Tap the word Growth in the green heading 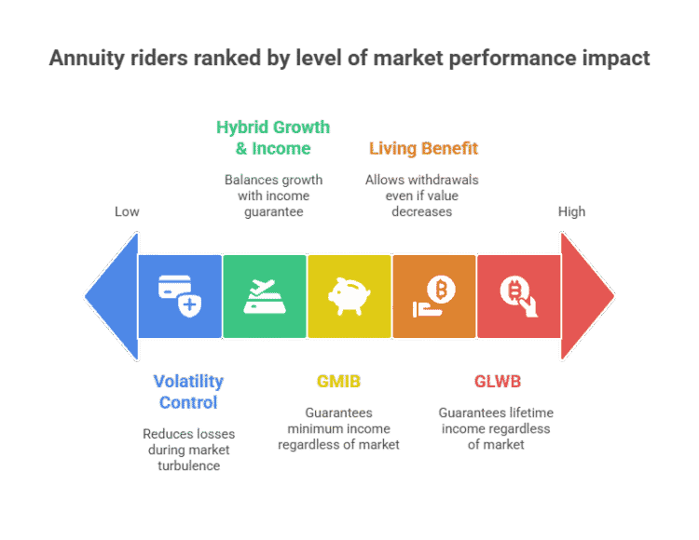(x=299, y=127)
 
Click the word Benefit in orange (x=451, y=148)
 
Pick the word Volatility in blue (x=188, y=381)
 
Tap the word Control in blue (x=188, y=402)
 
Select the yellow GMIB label (x=338, y=381)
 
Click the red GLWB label (x=496, y=381)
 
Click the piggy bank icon (x=349, y=295)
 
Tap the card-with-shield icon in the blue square (x=179, y=295)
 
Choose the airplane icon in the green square (x=264, y=295)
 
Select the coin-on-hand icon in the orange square (x=434, y=295)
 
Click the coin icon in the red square (x=519, y=295)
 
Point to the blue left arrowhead (x=110, y=297)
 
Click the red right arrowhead (x=587, y=297)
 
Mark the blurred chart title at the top (x=349, y=60)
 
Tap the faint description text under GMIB (x=339, y=428)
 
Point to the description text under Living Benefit (x=422, y=195)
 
